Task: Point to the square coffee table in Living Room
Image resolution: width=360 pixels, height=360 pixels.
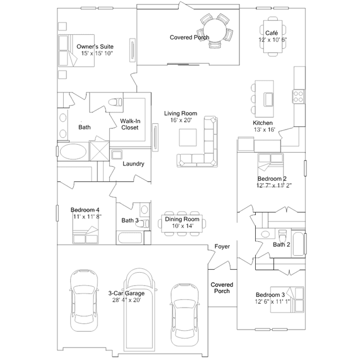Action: (x=188, y=137)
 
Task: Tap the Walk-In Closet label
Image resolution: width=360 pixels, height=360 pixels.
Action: (x=130, y=124)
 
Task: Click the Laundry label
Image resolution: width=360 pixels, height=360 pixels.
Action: (x=134, y=164)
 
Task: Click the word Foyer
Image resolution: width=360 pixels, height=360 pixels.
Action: (x=222, y=247)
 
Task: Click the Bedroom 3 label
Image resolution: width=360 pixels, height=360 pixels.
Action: (x=270, y=295)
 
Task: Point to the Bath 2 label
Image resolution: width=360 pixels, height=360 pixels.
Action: (x=281, y=245)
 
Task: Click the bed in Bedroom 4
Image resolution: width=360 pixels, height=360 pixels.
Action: (x=86, y=233)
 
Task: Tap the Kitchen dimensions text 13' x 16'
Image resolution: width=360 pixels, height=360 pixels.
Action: (x=264, y=130)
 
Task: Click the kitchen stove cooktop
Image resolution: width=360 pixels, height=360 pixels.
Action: (x=298, y=96)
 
